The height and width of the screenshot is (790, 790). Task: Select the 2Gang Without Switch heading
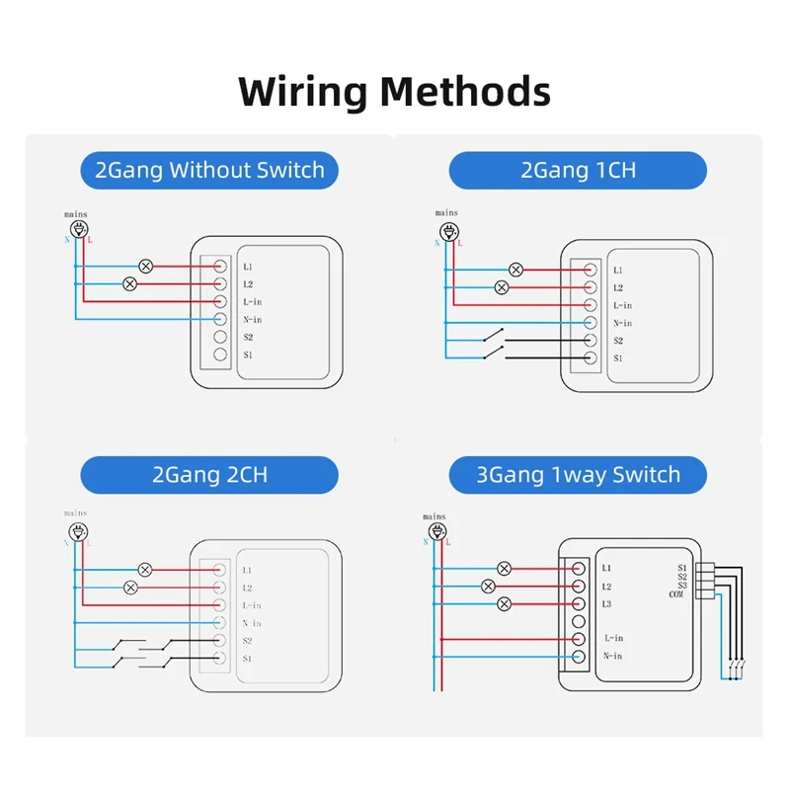tap(209, 170)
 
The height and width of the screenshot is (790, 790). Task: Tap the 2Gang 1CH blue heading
tap(578, 170)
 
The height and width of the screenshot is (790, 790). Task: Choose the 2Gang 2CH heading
tap(209, 474)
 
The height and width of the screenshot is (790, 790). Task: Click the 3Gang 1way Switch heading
tap(578, 474)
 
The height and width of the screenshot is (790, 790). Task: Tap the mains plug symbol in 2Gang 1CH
tap(449, 231)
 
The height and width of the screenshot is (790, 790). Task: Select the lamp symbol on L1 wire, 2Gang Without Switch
tap(146, 266)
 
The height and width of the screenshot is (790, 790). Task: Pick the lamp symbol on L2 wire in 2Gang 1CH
tap(501, 287)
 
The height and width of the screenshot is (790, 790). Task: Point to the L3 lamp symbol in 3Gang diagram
tap(505, 603)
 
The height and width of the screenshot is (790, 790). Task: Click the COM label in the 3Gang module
tap(676, 594)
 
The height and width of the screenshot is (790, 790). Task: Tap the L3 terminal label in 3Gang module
tap(607, 603)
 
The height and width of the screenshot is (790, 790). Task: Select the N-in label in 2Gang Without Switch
tap(252, 320)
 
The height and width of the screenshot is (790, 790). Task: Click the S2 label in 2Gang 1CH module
tap(618, 341)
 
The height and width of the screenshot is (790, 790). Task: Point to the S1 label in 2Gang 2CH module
tap(248, 659)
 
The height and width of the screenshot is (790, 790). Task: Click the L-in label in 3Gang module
tap(612, 639)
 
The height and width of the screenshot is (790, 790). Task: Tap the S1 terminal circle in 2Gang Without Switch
tap(220, 355)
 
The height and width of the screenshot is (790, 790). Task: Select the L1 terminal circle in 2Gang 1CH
tap(590, 269)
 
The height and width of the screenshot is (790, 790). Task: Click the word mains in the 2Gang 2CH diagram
tap(75, 513)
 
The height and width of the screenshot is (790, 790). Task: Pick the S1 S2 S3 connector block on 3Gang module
tap(704, 580)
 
